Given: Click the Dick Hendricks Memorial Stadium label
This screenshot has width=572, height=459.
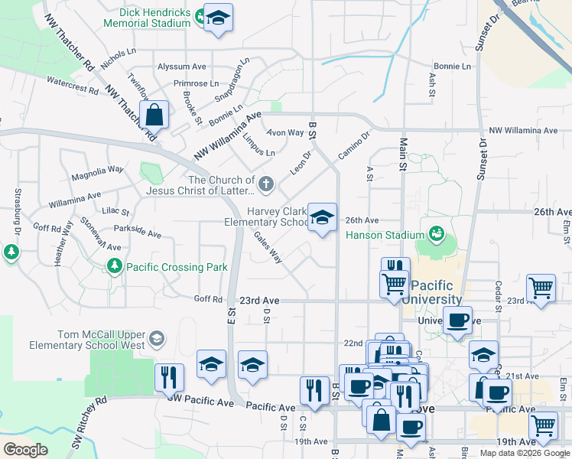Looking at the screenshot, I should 154,18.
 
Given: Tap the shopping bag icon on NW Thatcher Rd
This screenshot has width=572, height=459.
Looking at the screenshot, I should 154,115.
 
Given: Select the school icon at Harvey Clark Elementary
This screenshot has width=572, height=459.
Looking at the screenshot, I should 322,217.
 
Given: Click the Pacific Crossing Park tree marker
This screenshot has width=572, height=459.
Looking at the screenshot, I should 114,266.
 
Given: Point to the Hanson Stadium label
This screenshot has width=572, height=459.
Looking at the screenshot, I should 385,235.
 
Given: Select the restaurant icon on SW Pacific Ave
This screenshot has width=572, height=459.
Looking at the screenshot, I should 168,376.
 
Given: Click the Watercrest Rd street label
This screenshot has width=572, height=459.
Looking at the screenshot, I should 73,84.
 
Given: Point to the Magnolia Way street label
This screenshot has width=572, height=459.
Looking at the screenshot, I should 97,173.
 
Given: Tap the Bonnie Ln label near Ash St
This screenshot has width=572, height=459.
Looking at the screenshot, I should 452,67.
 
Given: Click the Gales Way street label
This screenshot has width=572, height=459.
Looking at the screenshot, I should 268,248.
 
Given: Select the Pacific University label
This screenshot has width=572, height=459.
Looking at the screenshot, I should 436,292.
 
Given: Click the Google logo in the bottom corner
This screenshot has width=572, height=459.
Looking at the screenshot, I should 25,450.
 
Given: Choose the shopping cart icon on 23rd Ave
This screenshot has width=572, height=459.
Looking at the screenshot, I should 541,288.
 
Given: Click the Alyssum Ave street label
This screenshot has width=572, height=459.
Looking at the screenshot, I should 183,67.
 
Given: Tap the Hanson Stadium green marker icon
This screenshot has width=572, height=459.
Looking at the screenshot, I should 437,232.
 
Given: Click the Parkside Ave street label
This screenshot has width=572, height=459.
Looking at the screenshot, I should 137,232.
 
